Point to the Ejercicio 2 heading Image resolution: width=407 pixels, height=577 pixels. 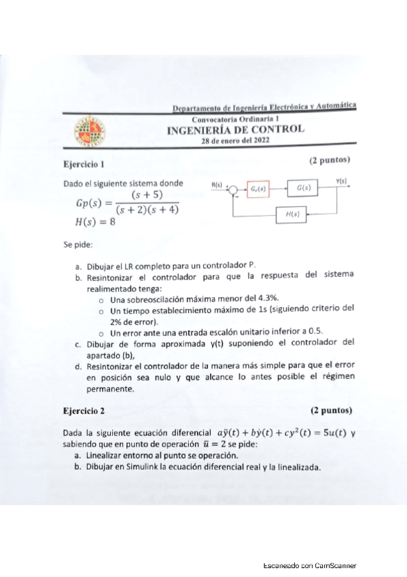point(84,411)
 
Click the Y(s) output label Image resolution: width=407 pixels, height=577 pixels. point(341,180)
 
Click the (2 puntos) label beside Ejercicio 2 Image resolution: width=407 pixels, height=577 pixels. point(331,411)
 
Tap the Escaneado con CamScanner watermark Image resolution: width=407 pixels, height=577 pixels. point(310,565)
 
